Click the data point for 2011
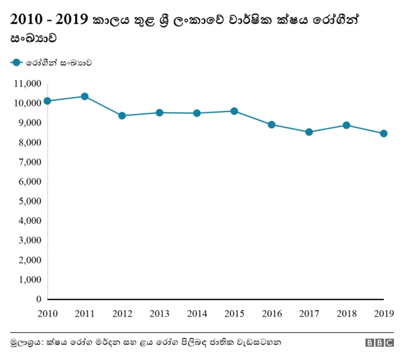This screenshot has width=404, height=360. [x=85, y=96]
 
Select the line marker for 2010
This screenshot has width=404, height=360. [x=47, y=101]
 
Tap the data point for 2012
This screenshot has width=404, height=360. [x=122, y=115]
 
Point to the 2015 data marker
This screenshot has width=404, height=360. [x=234, y=111]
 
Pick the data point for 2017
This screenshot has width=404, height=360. [x=309, y=132]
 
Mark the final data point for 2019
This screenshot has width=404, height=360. [x=383, y=134]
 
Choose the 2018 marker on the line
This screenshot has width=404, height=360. [x=346, y=125]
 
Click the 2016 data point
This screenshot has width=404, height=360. [x=271, y=124]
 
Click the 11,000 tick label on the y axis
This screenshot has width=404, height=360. [x=27, y=83]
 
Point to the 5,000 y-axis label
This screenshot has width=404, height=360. [x=30, y=201]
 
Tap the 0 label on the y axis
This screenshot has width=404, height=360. [x=39, y=299]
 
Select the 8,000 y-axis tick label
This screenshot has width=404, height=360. [x=30, y=142]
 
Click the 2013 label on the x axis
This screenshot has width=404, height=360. [x=159, y=313]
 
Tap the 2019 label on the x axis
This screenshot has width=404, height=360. [x=383, y=313]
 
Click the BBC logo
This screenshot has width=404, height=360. [x=379, y=343]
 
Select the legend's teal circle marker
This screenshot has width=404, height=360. [x=16, y=62]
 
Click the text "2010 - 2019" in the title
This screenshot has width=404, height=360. [x=48, y=21]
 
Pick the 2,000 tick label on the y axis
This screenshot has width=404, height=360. [x=30, y=260]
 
